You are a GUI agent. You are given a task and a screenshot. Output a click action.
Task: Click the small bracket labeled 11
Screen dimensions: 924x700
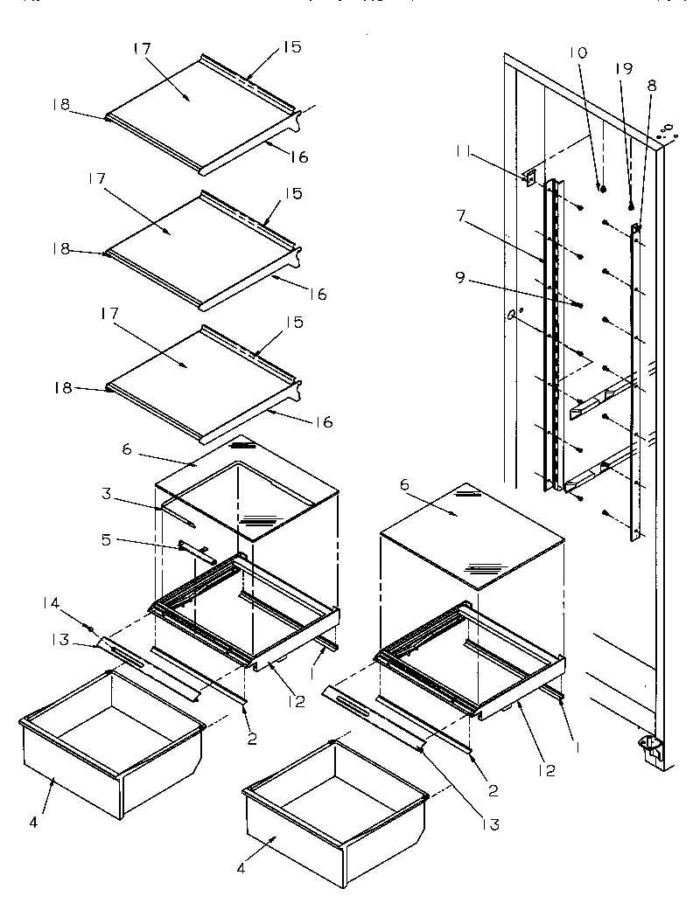[528, 177]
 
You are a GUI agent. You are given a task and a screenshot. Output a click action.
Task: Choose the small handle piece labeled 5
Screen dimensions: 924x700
[196, 551]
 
